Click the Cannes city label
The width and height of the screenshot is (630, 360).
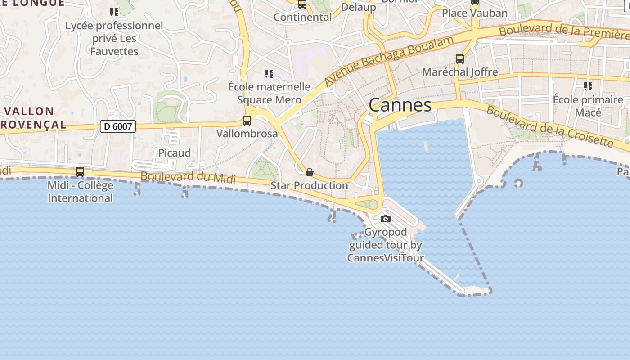point(400,105)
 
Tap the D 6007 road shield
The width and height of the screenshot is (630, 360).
point(117,126)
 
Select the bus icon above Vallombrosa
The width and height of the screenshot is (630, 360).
point(247,121)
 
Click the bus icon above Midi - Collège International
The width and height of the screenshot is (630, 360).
point(80,172)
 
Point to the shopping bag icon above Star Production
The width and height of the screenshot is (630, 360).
point(309,172)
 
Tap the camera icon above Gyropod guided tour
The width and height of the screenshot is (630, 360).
point(385,219)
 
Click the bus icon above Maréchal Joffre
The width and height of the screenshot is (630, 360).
point(459,58)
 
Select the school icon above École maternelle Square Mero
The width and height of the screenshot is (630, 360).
point(269,74)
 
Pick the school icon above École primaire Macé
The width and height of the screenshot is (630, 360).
point(588,86)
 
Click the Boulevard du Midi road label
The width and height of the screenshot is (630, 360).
point(188,177)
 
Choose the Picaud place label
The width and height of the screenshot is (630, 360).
point(175,153)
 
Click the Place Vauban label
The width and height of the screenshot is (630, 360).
point(475,13)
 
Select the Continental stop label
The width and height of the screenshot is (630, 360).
point(302,18)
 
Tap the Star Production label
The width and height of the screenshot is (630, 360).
point(309,185)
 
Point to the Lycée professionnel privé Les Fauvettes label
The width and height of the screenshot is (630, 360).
point(114,38)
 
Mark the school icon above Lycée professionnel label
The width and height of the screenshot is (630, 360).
point(114,12)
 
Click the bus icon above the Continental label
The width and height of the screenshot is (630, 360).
point(302,4)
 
